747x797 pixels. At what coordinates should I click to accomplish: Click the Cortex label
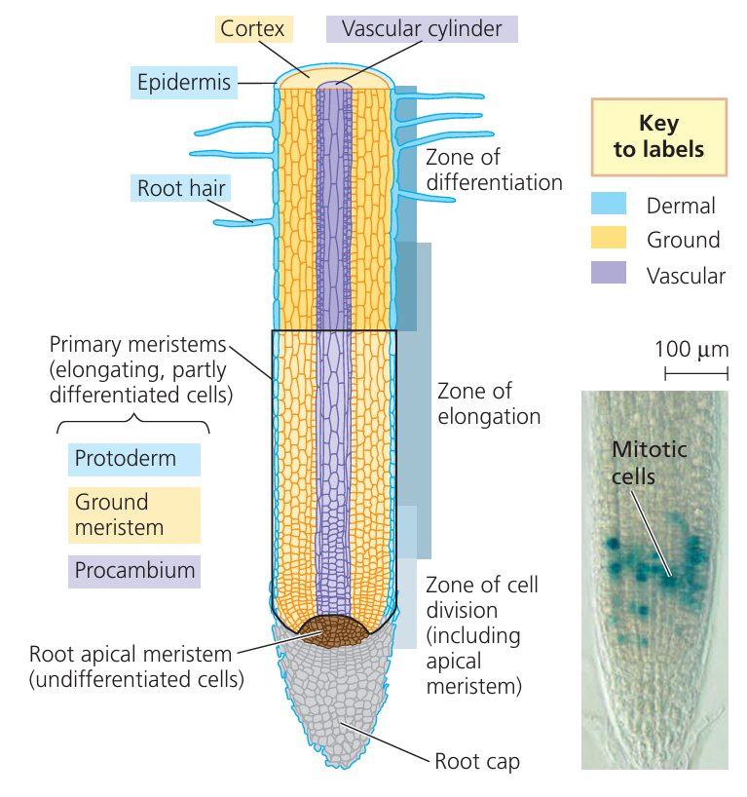[252, 28]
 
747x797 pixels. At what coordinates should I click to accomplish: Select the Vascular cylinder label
[422, 28]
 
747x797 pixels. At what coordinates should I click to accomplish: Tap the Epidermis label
[184, 82]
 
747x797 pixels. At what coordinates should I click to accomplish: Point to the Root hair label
[181, 187]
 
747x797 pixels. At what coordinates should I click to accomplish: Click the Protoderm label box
[133, 459]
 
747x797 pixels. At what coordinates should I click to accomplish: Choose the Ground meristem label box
[133, 514]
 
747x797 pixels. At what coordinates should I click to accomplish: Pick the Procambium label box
[133, 571]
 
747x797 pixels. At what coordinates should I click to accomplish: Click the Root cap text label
[477, 761]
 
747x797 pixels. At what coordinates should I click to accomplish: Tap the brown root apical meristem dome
[334, 632]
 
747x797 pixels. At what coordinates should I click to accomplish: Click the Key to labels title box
[658, 136]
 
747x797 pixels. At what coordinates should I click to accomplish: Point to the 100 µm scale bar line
[695, 373]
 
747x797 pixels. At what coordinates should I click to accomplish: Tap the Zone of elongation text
[488, 403]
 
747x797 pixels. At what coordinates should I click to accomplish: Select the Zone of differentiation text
[494, 170]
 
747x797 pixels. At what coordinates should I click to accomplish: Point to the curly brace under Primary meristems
[133, 426]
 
